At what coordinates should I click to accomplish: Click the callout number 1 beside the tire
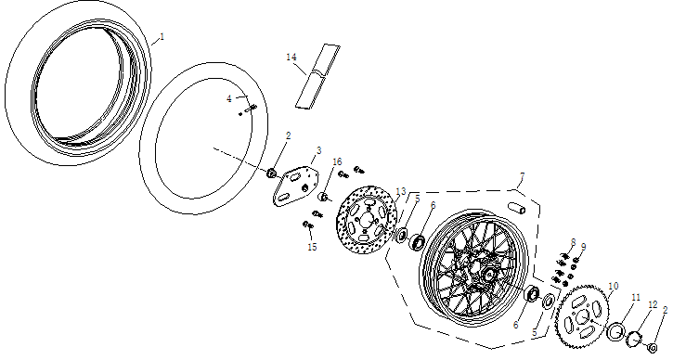tap(161, 36)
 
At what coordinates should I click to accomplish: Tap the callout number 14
tap(291, 58)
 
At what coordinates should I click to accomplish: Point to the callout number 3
tap(318, 149)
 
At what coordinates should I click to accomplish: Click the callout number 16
tap(337, 161)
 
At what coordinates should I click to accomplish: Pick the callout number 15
tap(312, 247)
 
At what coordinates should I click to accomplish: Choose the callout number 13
tap(401, 192)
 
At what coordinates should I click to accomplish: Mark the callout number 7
tap(523, 176)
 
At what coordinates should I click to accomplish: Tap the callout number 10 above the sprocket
tap(613, 286)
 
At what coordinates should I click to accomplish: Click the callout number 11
tap(635, 297)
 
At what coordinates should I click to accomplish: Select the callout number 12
tap(653, 304)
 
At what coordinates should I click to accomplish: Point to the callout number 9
tap(583, 247)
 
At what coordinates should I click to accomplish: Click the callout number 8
tap(573, 242)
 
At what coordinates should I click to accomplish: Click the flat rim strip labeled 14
tap(317, 75)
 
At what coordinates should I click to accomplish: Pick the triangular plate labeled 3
tap(294, 183)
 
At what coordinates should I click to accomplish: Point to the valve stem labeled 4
tap(248, 111)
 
